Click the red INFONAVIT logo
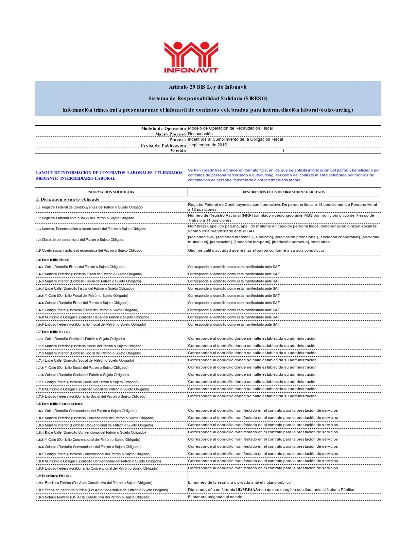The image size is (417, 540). pyautogui.click(x=191, y=57)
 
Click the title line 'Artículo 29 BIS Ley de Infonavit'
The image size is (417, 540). pyautogui.click(x=208, y=87)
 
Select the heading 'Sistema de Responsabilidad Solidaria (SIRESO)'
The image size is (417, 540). pyautogui.click(x=208, y=99)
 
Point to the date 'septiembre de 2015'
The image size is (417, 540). pyautogui.click(x=208, y=145)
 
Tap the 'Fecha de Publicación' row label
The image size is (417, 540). pyautogui.click(x=163, y=145)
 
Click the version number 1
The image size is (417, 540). pyautogui.click(x=284, y=151)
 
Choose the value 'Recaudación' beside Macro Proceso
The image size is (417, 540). pyautogui.click(x=200, y=134)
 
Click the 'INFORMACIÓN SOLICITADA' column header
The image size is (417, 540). pyautogui.click(x=111, y=192)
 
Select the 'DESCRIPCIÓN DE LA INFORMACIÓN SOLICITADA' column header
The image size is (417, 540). pyautogui.click(x=284, y=192)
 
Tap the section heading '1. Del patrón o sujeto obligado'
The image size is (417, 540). pyautogui.click(x=68, y=199)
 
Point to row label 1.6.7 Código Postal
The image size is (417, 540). pyautogui.click(x=87, y=310)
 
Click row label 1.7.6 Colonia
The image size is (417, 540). pyautogui.click(x=82, y=375)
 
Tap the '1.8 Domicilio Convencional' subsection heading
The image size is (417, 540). pyautogui.click(x=60, y=404)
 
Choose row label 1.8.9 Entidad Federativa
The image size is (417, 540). pyautogui.click(x=97, y=468)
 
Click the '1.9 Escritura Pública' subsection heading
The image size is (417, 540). pyautogui.click(x=54, y=476)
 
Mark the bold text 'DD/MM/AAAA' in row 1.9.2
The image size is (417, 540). pyautogui.click(x=248, y=490)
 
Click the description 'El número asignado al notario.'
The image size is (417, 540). pyautogui.click(x=216, y=497)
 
